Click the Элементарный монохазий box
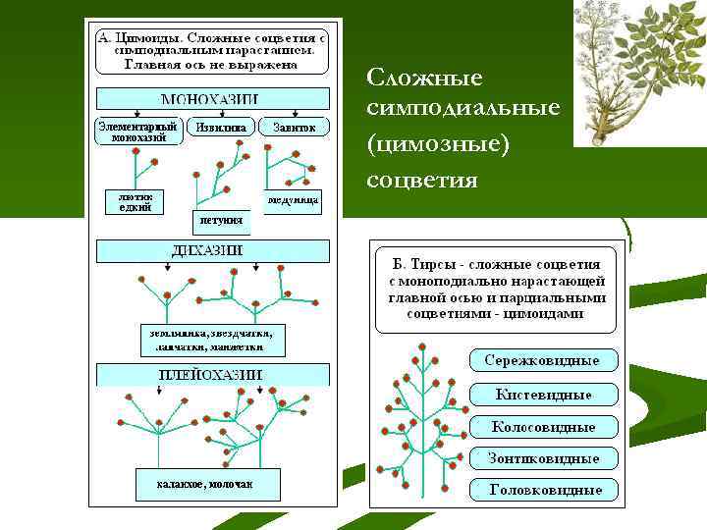coord(138,132)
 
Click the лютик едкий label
coord(135,202)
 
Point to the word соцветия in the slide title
coord(422,180)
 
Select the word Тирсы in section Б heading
coord(428,265)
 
